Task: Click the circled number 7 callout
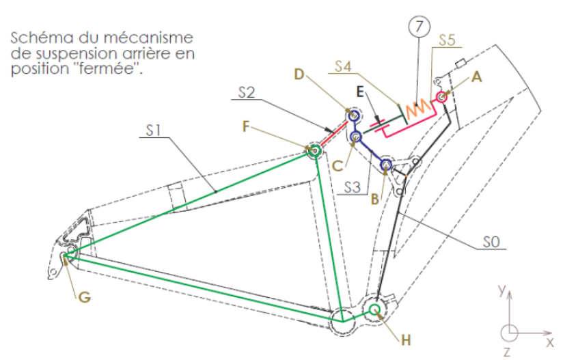pos(419,27)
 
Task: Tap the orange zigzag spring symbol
pos(418,107)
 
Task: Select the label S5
pos(447,40)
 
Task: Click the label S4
pos(343,66)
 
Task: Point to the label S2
pos(247,92)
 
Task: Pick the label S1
pos(154,130)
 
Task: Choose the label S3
pos(352,187)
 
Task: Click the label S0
pos(491,242)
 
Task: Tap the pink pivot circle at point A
pos(441,97)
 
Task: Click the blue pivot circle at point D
pos(354,115)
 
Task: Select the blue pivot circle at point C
pos(356,137)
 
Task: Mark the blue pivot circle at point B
pos(386,165)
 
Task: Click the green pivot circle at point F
pos(314,150)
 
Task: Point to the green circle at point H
pos(374,309)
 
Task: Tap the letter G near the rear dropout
pos(85,296)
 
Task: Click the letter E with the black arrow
pos(360,92)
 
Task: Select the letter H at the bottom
pos(406,340)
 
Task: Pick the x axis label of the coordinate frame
pos(549,343)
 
